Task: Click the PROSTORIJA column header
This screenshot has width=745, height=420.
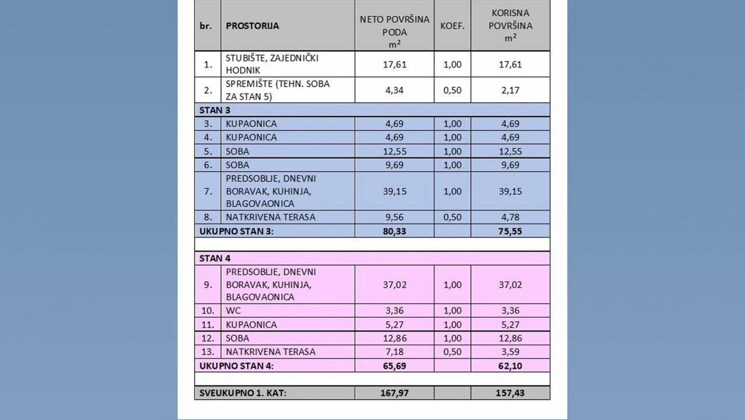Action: [x=252, y=26]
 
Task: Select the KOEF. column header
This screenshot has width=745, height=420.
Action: [x=452, y=26]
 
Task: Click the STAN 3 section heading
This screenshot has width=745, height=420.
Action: [x=215, y=110]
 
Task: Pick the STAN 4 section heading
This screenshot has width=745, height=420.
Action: [x=215, y=258]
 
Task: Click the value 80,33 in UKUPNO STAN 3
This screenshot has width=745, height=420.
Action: [x=394, y=231]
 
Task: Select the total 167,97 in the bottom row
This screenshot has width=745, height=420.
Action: [x=394, y=393]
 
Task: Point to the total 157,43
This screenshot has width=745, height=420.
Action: [x=510, y=393]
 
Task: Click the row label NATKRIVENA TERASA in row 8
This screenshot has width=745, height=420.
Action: [x=270, y=217]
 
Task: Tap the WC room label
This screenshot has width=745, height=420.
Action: [x=233, y=311]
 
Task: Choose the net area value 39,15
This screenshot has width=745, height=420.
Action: [x=394, y=191]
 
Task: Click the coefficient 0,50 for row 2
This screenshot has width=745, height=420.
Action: [x=452, y=90]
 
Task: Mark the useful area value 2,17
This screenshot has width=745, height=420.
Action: [x=510, y=90]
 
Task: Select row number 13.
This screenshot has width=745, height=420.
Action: [x=208, y=352]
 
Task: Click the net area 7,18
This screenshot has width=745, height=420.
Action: [x=394, y=352]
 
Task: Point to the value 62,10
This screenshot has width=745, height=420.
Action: [x=510, y=365]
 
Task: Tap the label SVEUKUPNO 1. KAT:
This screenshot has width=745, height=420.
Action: [x=243, y=393]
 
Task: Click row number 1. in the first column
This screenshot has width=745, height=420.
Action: [x=208, y=64]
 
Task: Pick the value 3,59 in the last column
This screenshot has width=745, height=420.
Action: [x=510, y=352]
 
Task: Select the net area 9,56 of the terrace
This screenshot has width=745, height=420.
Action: [x=394, y=217]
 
